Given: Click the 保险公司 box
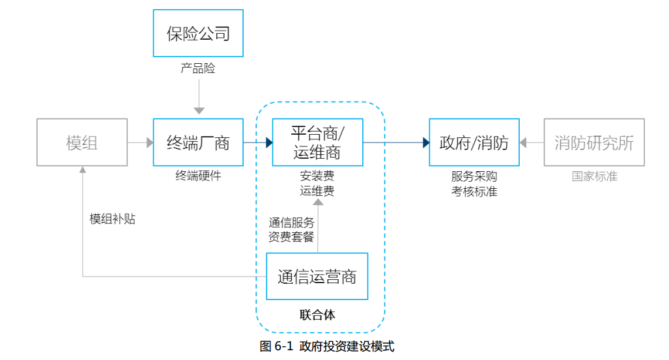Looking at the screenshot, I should tap(198, 33).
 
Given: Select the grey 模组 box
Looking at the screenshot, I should tap(82, 143).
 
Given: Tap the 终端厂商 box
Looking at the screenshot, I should tap(198, 143).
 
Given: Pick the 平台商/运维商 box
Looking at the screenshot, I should tap(317, 143).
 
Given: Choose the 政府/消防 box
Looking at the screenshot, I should tap(474, 143).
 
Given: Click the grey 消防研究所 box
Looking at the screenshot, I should tap(593, 143).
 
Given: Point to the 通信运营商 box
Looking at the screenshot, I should tap(317, 277).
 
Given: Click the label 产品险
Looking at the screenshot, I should tap(198, 68).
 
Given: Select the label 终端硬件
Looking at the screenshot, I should tap(198, 176).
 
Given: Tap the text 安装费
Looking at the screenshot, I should tap(317, 176).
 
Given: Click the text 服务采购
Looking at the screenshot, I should tap(474, 176).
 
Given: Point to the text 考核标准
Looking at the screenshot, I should tap(474, 191).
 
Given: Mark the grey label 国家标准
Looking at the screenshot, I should tap(594, 176).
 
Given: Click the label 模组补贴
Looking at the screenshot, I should tap(112, 219).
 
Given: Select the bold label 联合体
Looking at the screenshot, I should tap(317, 315).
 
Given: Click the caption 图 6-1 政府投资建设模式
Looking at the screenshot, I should tap(327, 346).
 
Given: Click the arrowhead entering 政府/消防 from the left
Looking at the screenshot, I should tap(425, 143).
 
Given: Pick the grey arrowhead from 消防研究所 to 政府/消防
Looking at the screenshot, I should tap(523, 143).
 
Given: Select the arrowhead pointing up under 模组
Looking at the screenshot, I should tap(83, 169).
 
